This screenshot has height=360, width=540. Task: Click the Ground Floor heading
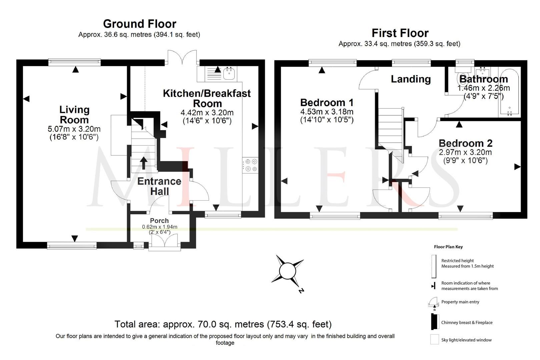point(139,24)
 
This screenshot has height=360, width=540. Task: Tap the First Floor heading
point(400,33)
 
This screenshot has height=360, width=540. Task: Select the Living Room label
point(74,115)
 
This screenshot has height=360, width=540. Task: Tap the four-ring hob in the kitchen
point(250,165)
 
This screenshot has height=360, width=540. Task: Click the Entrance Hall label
point(159,186)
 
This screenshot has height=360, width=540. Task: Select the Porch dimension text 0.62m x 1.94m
point(159,227)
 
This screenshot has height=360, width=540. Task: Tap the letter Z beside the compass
point(301,291)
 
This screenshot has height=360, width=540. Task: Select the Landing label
point(411,79)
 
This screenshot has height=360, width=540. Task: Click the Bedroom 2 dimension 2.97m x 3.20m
point(465,152)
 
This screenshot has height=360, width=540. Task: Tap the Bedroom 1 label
point(327,102)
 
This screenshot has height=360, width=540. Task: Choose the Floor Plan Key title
point(448,247)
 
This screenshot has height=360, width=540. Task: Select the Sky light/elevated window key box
point(434,340)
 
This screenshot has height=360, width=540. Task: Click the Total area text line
point(223,324)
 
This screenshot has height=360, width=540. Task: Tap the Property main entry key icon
point(434,302)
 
